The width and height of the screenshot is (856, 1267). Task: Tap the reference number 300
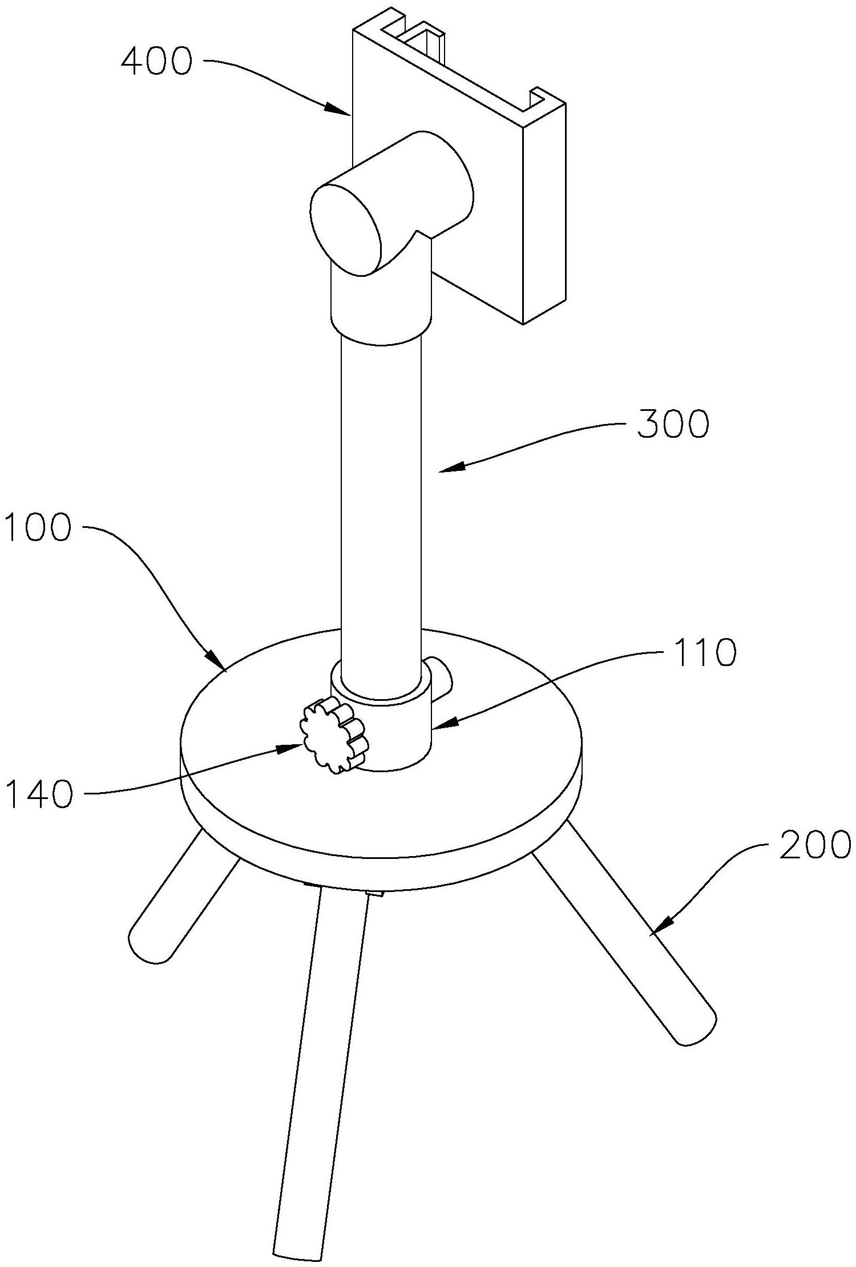click(673, 425)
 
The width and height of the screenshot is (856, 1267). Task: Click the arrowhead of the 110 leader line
click(443, 725)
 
